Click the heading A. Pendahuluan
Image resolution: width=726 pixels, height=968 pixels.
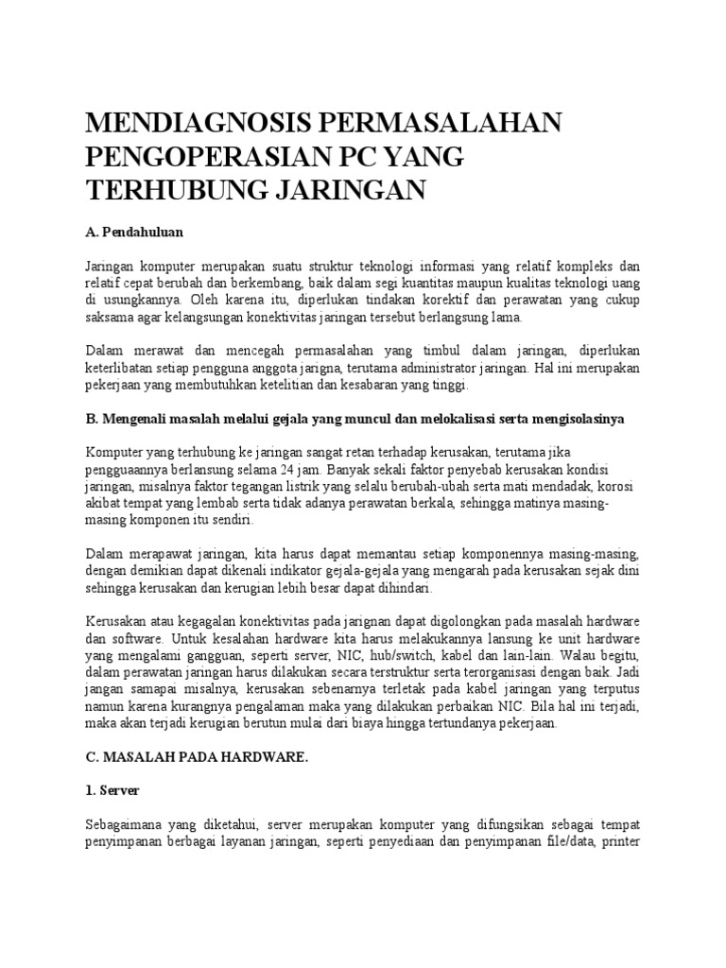134,230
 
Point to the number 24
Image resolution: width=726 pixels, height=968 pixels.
354,468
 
